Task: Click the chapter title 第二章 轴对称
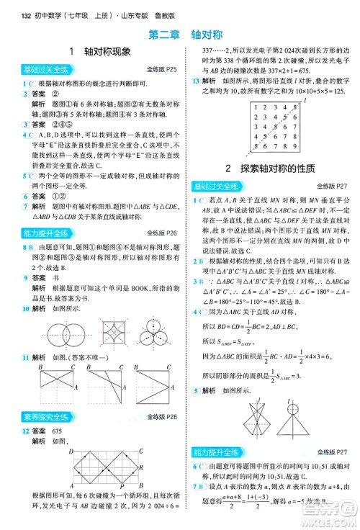click(179, 33)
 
